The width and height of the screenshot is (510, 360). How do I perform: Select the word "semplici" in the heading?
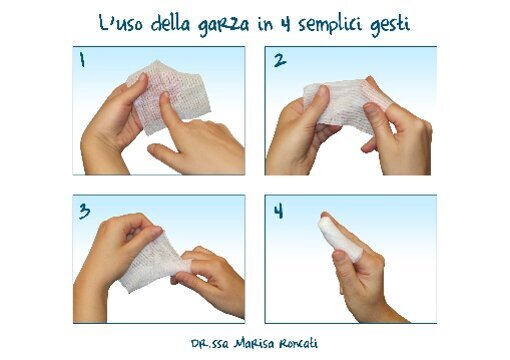(x=345, y=23)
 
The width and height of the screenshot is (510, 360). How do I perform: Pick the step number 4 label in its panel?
(x=281, y=211)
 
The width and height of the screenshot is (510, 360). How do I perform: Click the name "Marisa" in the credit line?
(x=266, y=341)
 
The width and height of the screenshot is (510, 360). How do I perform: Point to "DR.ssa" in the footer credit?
(x=218, y=341)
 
